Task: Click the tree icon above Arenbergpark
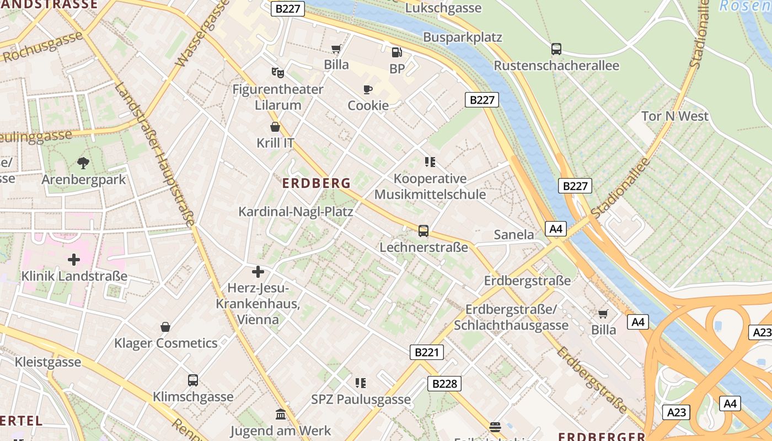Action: (x=83, y=163)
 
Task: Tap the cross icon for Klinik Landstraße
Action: (x=74, y=259)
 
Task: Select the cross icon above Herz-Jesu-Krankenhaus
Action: (x=258, y=271)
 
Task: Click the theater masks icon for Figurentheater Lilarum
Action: (x=277, y=72)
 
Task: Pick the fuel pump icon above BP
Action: (x=396, y=52)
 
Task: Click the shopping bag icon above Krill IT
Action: (x=275, y=127)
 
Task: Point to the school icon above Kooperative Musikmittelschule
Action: (x=430, y=162)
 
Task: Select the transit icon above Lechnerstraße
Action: (x=423, y=230)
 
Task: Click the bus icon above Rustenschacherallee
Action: (x=556, y=49)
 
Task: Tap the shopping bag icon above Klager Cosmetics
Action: (x=165, y=327)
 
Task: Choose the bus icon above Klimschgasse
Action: (x=192, y=380)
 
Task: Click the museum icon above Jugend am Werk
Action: (x=281, y=414)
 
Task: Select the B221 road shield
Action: (x=427, y=352)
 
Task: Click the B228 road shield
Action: (x=444, y=384)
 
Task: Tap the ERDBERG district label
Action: (x=317, y=184)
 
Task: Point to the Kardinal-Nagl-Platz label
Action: (x=296, y=212)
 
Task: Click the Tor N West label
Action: (x=675, y=116)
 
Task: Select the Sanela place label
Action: (x=514, y=235)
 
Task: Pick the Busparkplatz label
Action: (x=463, y=37)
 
